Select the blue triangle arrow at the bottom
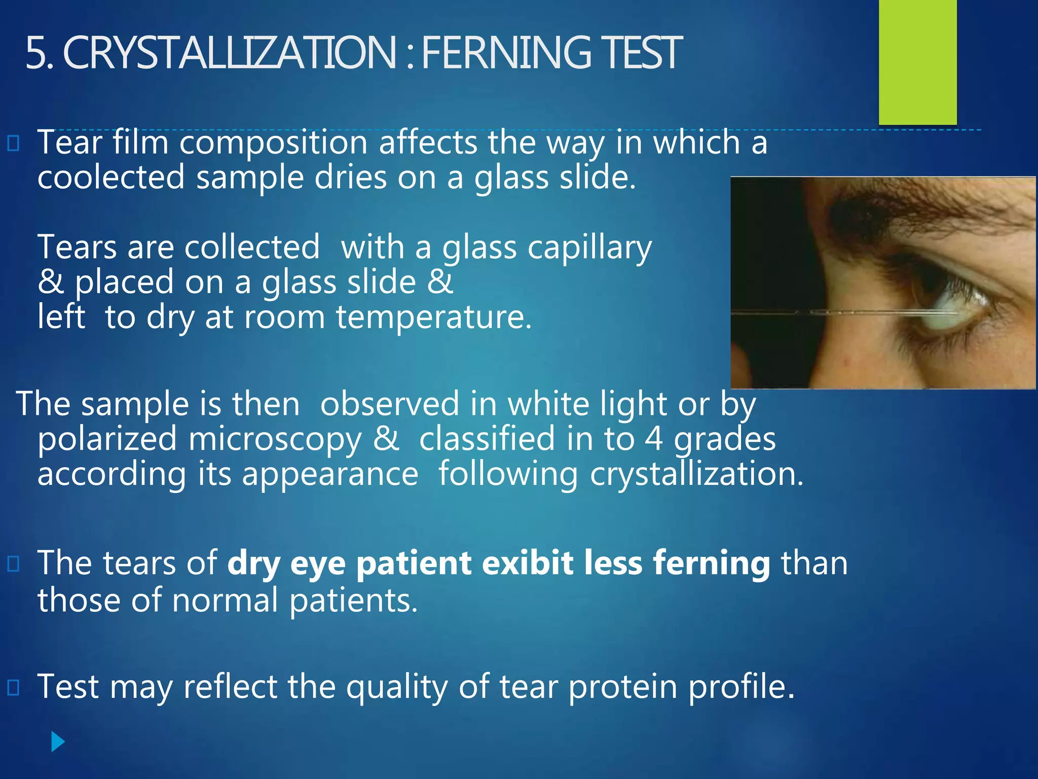click(58, 742)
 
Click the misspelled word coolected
click(111, 178)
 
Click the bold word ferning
click(712, 563)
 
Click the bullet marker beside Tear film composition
click(14, 144)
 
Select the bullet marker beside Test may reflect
click(14, 687)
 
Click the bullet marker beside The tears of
click(14, 563)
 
